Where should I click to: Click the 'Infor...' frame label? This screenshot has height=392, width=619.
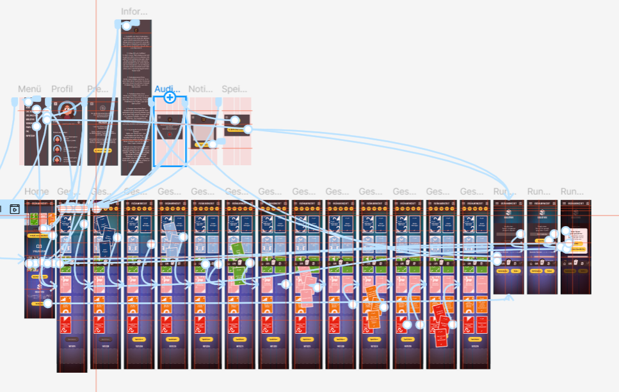pyautogui.click(x=134, y=12)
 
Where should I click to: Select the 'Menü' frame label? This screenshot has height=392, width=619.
pyautogui.click(x=29, y=89)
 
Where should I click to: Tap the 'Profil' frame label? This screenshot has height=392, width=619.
pyautogui.click(x=62, y=89)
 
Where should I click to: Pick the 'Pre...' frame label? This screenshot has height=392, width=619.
pyautogui.click(x=98, y=89)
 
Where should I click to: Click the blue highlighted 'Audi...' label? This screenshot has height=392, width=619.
pyautogui.click(x=167, y=89)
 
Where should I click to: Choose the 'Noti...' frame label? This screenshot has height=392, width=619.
pyautogui.click(x=200, y=89)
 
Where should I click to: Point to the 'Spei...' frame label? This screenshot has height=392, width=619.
pyautogui.click(x=234, y=89)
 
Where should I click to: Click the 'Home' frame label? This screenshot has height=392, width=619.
pyautogui.click(x=36, y=192)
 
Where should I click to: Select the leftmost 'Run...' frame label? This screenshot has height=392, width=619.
pyautogui.click(x=505, y=192)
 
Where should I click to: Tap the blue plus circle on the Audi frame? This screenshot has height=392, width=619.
pyautogui.click(x=170, y=97)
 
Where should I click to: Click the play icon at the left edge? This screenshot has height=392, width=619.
pyautogui.click(x=15, y=208)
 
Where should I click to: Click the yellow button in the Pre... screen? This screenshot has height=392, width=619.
pyautogui.click(x=102, y=150)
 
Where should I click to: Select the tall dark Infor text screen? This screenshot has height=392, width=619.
pyautogui.click(x=136, y=96)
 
